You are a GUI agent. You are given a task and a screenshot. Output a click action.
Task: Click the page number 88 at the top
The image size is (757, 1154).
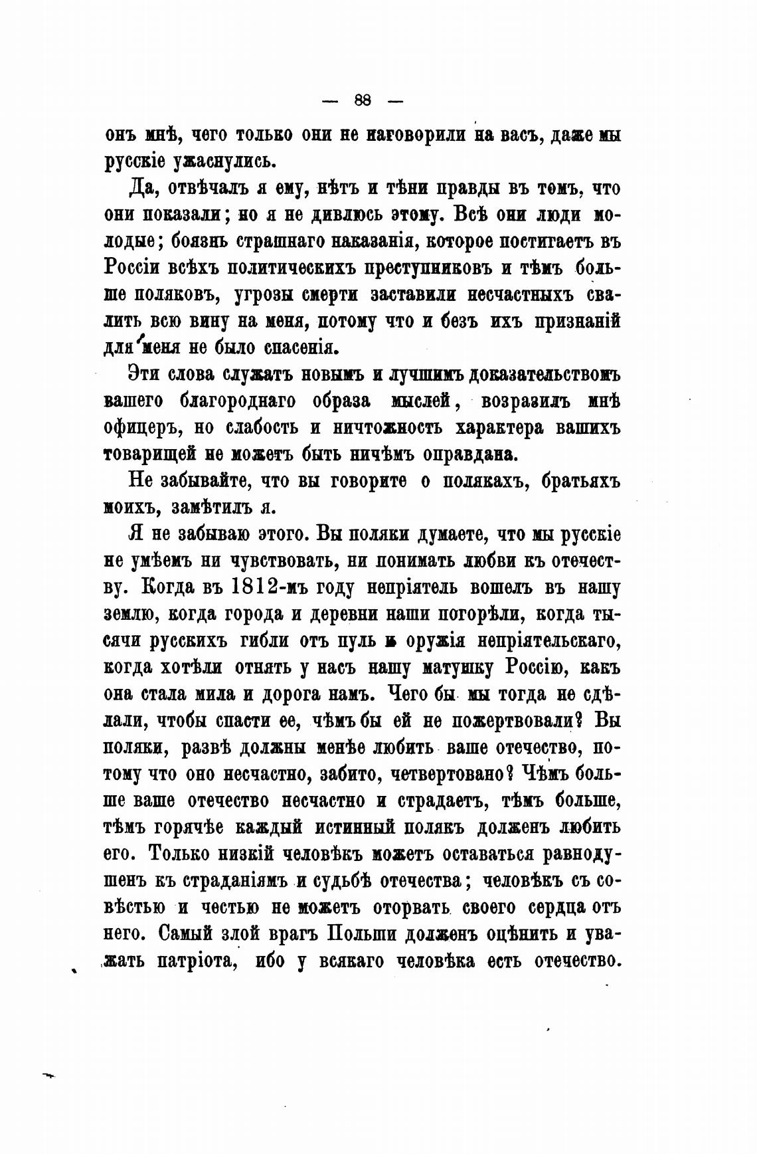tap(363, 101)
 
